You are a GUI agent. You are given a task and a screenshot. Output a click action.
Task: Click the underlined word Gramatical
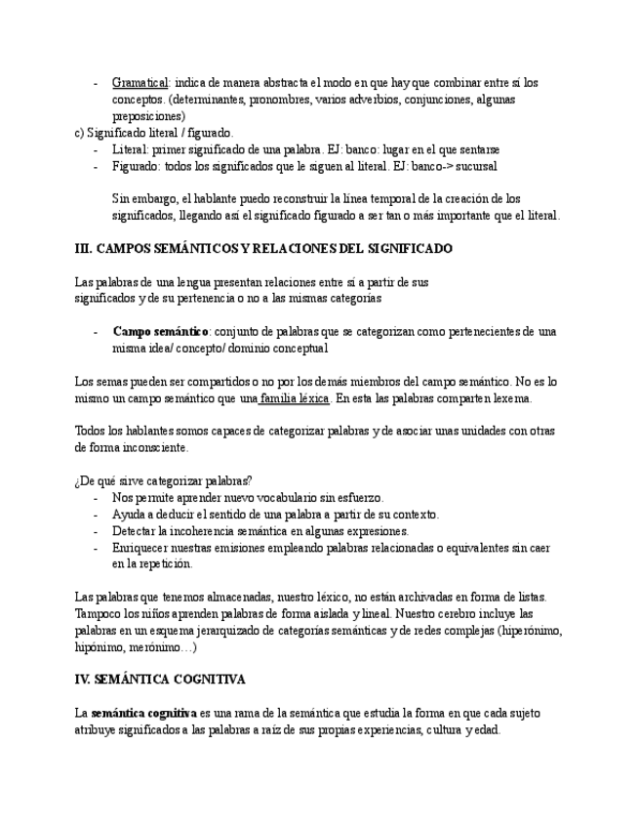tap(140, 83)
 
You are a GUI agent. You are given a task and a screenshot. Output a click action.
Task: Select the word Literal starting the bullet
tap(133, 150)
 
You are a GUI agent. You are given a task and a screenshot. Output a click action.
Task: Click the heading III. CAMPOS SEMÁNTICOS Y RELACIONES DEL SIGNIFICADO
tap(263, 249)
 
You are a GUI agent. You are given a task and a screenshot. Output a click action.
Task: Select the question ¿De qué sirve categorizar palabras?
tap(163, 481)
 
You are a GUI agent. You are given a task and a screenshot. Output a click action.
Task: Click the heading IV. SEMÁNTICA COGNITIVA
tap(160, 679)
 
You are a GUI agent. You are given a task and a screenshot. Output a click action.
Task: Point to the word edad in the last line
tap(488, 729)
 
